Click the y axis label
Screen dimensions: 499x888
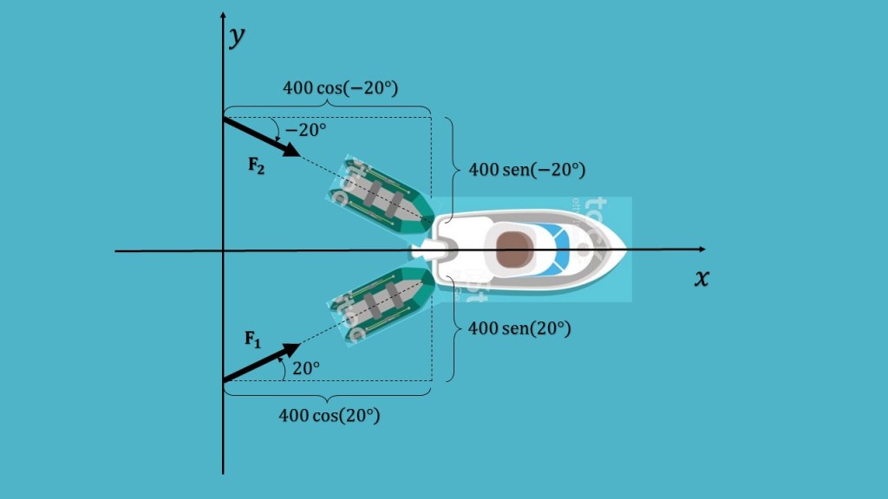[x=235, y=38]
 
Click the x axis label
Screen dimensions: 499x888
[x=702, y=279]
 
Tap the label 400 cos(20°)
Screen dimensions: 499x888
[x=329, y=415]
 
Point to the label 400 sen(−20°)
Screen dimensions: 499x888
[x=526, y=170]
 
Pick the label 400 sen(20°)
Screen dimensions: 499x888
[x=519, y=329]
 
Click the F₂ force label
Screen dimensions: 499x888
[x=256, y=166]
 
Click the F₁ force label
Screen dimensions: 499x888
[x=252, y=339]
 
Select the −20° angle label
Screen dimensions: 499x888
[x=309, y=130]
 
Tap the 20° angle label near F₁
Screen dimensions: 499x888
[x=306, y=367]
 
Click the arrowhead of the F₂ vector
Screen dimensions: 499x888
[x=292, y=152]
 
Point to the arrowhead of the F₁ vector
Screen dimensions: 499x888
[x=292, y=349]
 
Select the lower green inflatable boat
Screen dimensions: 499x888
[x=381, y=305]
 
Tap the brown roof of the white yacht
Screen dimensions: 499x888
[x=513, y=249]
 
